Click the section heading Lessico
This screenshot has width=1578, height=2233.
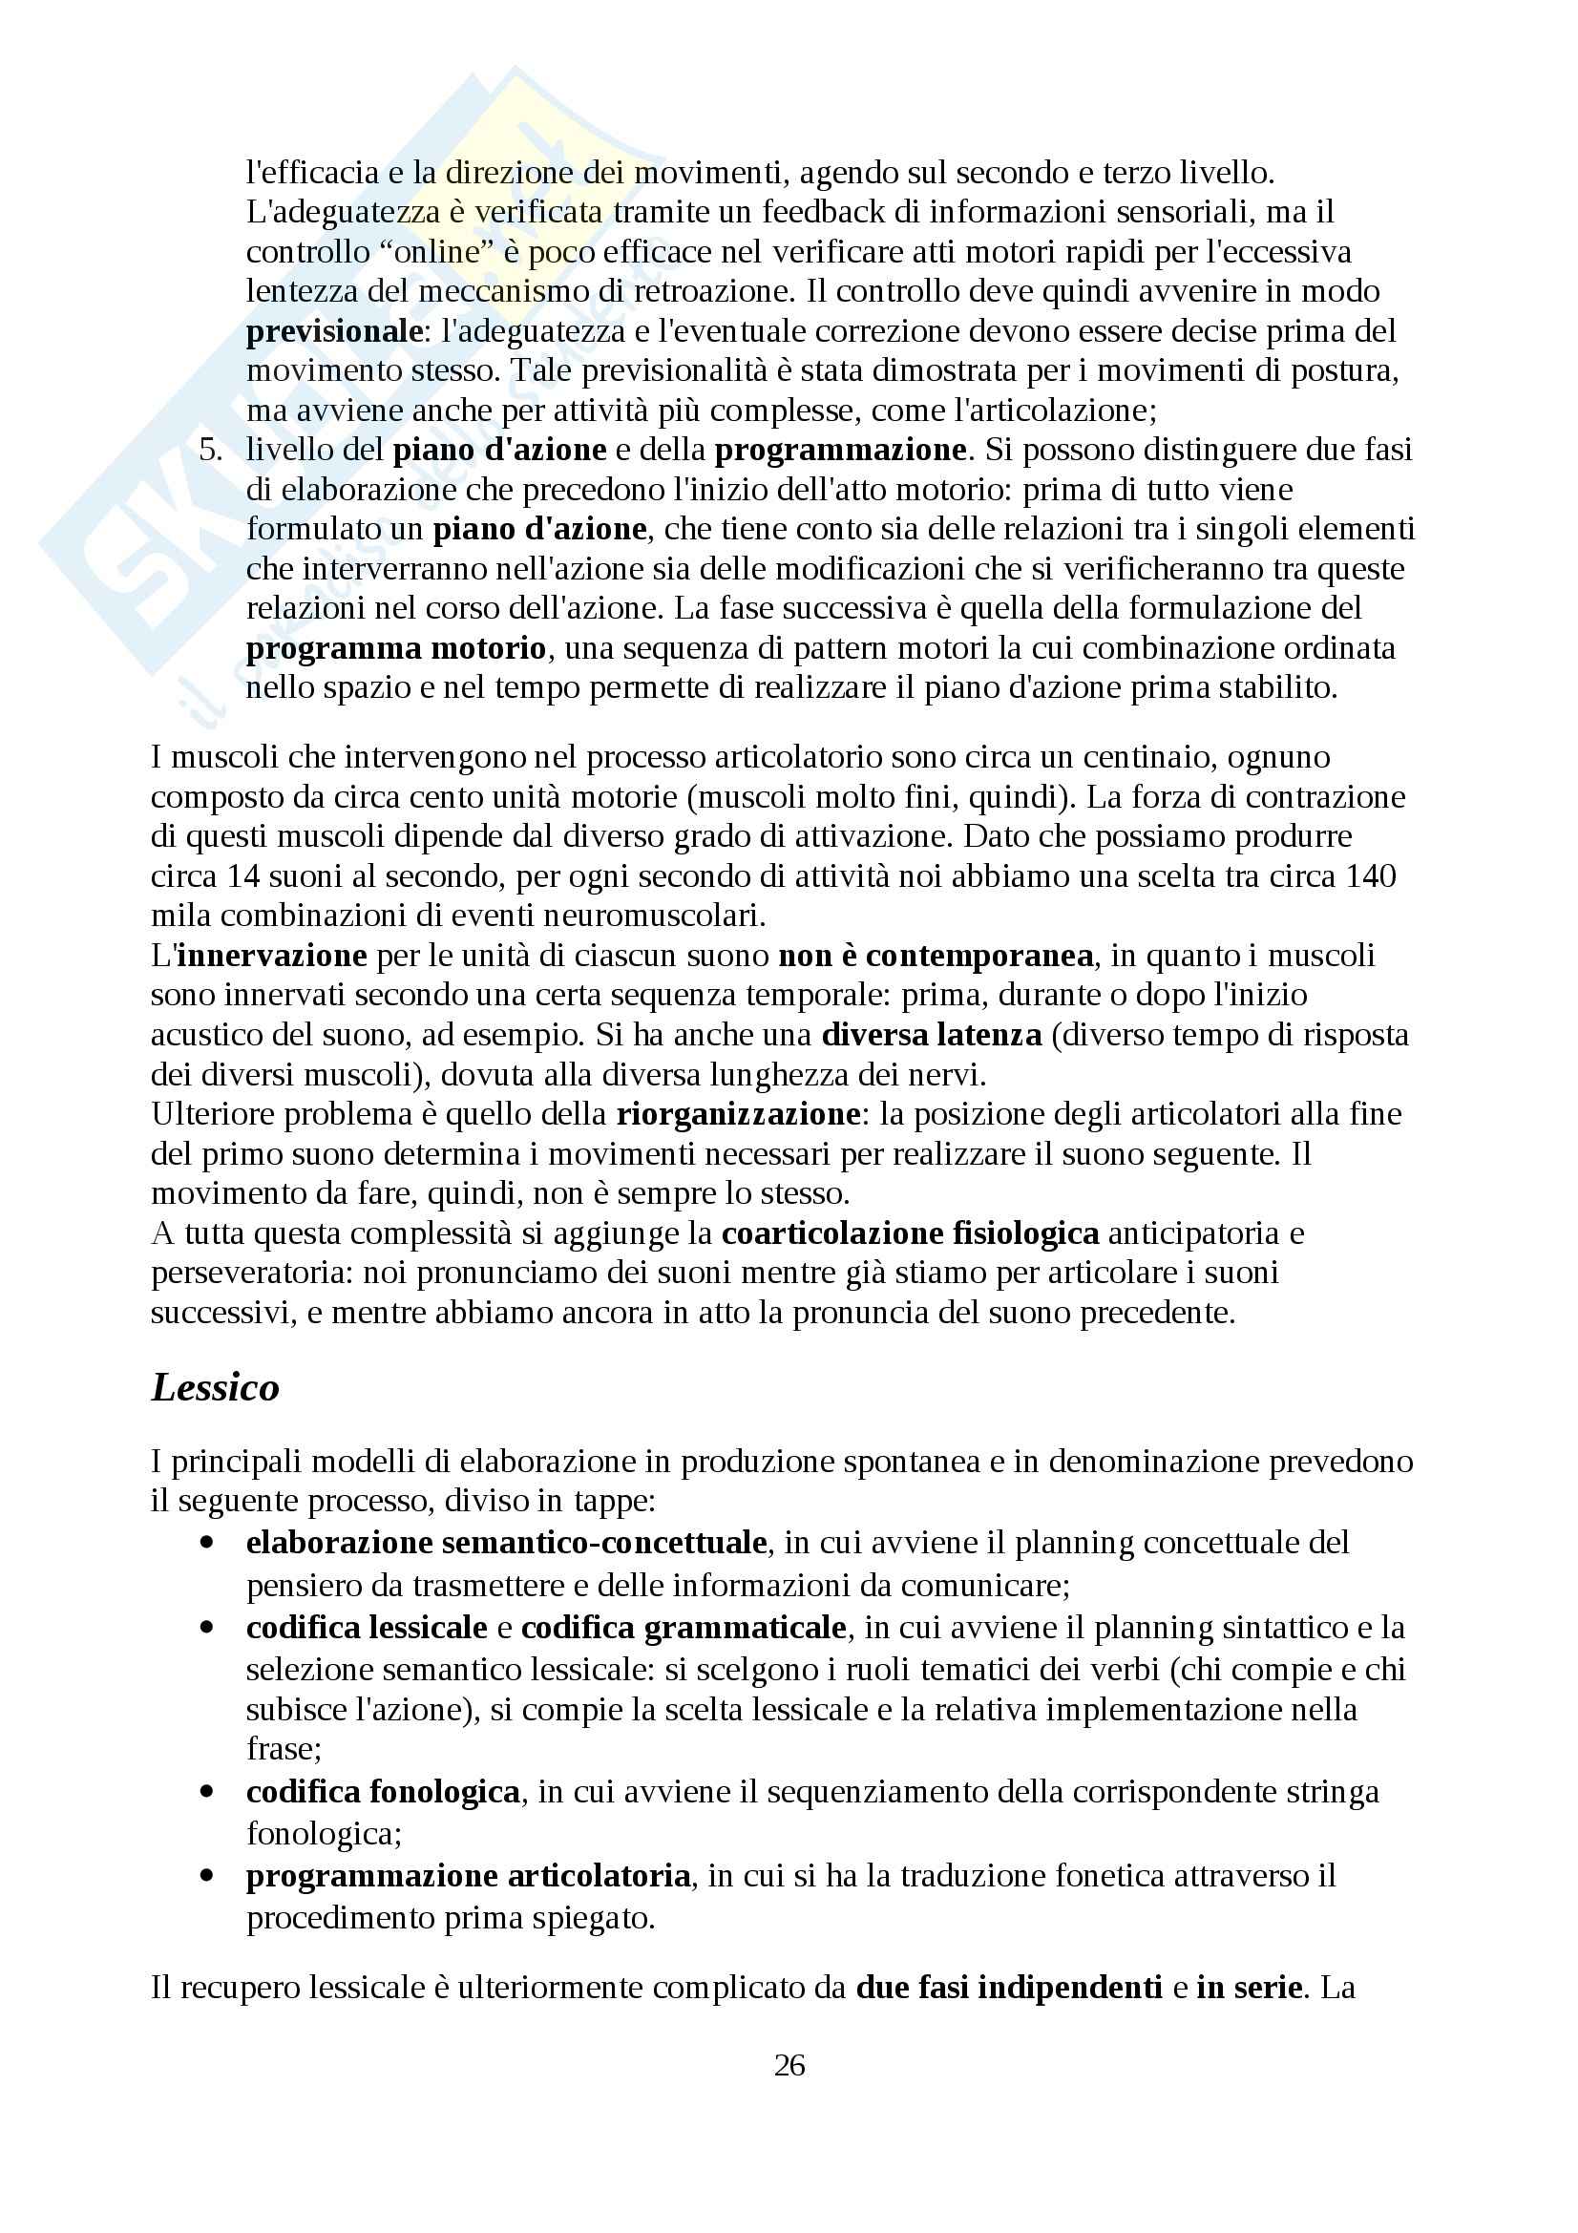coord(215,1387)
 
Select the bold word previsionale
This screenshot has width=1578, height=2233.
coord(333,331)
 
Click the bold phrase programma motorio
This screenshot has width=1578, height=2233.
coord(396,647)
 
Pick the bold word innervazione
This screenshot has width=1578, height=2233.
coord(271,955)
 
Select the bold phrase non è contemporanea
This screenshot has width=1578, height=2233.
coord(936,955)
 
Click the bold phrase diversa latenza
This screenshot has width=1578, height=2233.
coord(931,1035)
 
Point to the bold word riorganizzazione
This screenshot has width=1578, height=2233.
coord(737,1113)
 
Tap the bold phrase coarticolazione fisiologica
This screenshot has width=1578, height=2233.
coord(910,1233)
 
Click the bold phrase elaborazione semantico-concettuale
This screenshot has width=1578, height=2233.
coord(507,1543)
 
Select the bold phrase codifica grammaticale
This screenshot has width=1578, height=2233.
coord(684,1628)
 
